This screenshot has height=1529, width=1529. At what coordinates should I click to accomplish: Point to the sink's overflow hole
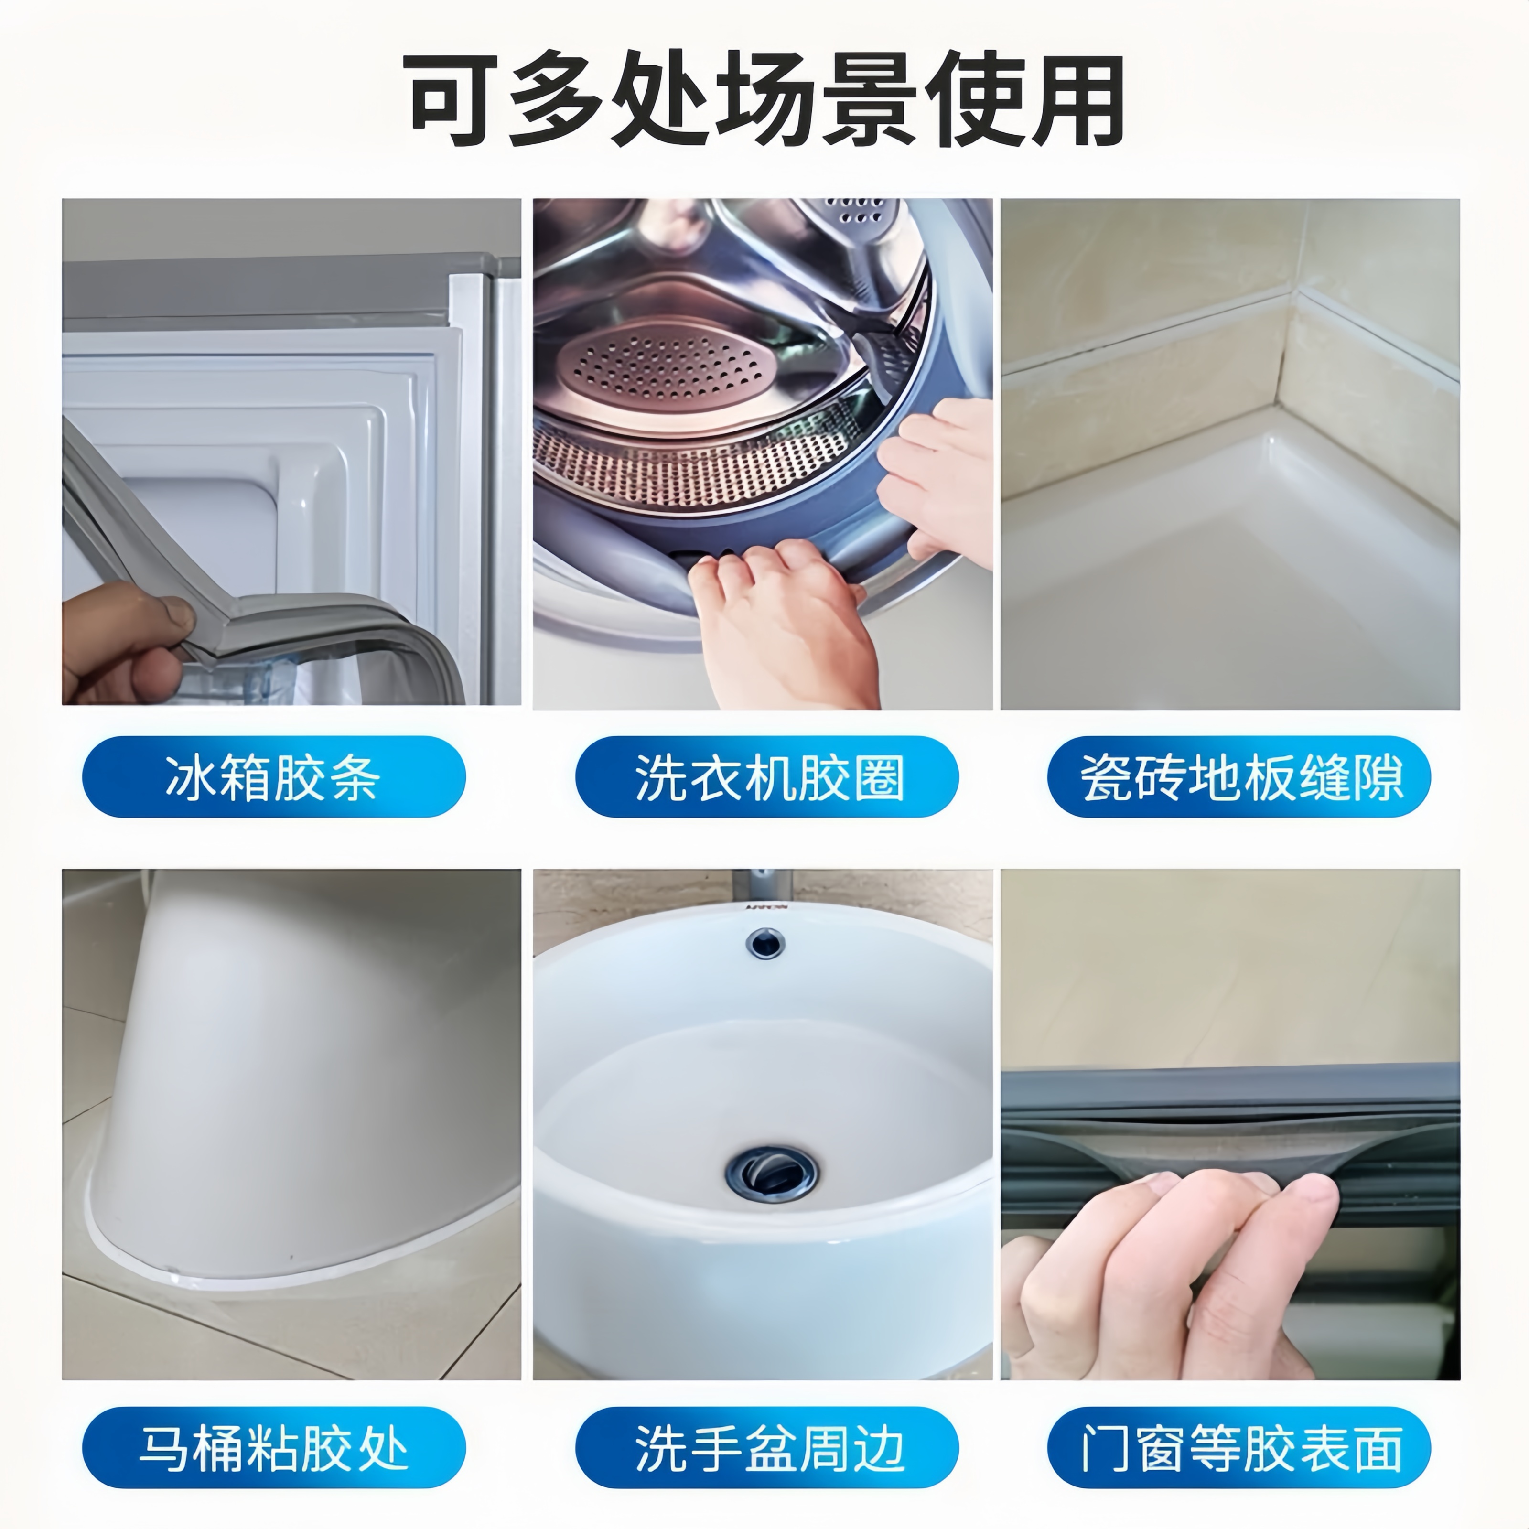coord(764,942)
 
